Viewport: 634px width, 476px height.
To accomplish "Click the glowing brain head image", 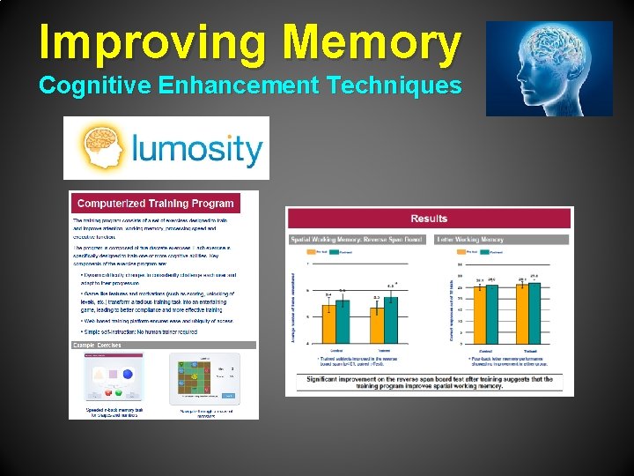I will [549, 69].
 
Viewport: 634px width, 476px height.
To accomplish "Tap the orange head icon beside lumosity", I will [102, 147].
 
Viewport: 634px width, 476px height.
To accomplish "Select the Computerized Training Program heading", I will [156, 204].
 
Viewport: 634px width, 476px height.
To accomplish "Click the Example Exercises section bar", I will [164, 345].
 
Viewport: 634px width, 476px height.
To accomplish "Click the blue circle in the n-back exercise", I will [128, 374].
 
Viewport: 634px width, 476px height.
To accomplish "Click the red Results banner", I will [430, 219].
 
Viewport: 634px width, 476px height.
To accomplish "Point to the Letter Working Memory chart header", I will [470, 239].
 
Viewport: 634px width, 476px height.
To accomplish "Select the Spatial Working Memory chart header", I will [358, 239].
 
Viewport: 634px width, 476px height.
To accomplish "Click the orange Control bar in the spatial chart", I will [329, 323].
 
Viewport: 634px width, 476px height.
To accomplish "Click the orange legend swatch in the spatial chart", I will [310, 252].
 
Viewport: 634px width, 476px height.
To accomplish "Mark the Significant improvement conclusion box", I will [430, 383].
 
